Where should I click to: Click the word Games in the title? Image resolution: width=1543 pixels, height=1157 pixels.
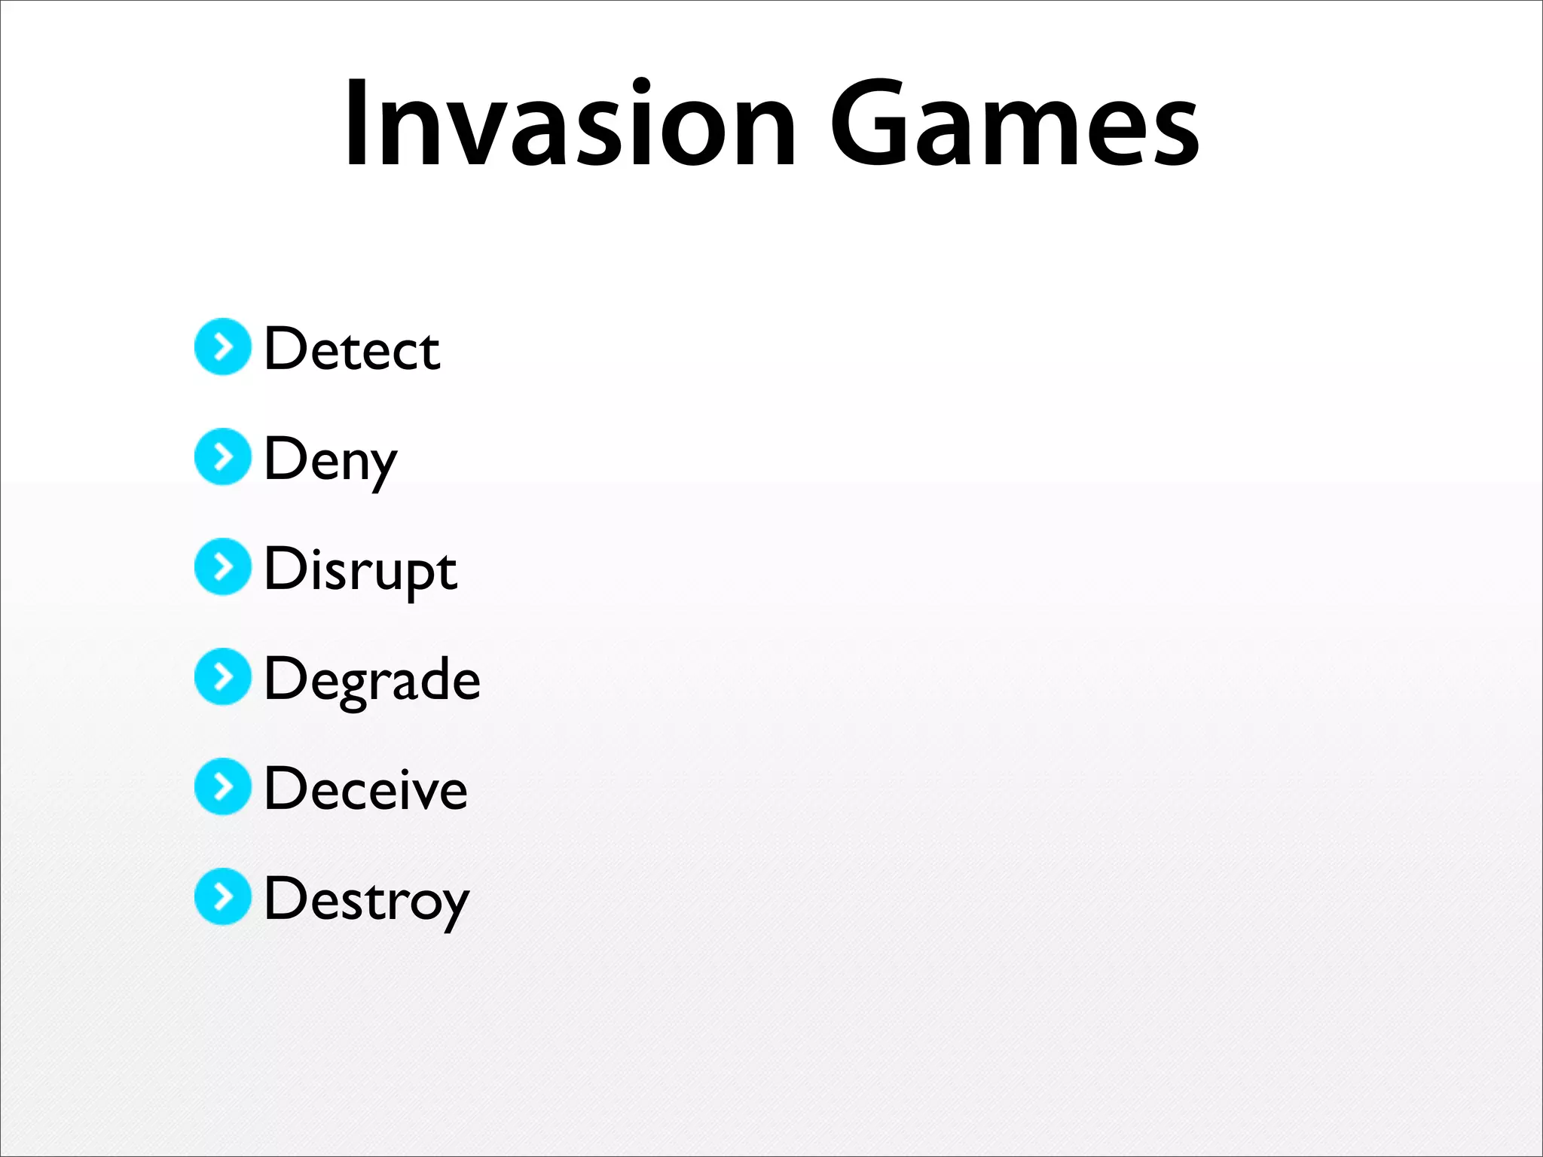coord(1014,124)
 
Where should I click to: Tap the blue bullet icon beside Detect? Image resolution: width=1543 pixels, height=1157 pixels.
coord(222,346)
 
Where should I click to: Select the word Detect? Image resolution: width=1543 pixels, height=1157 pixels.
coord(352,350)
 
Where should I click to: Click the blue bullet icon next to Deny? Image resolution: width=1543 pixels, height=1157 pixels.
coord(222,456)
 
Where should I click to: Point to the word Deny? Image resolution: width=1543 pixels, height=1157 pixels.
coord(330,459)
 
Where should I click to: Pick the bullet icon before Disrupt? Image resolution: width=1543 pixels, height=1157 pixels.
coord(222,566)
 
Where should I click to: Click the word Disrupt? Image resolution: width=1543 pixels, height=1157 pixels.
coord(360,570)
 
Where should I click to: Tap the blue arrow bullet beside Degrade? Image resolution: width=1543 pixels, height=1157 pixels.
coord(222,676)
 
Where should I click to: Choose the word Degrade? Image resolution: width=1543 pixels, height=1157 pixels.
coord(372,680)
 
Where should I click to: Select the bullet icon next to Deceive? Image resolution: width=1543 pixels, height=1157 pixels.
coord(222,786)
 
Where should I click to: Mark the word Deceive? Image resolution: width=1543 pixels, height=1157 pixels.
coord(366,789)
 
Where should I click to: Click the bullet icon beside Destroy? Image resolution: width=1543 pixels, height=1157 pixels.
coord(222,896)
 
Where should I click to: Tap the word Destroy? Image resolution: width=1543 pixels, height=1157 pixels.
coord(367,900)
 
